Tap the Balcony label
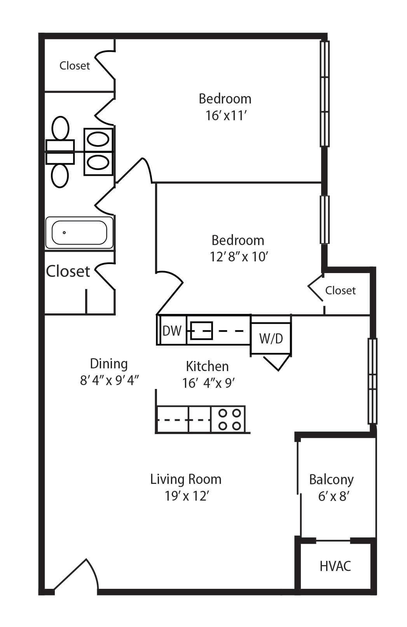(331, 480)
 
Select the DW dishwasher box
(172, 331)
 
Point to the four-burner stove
(228, 419)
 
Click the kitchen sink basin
(201, 331)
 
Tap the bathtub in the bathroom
(79, 233)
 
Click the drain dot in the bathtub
(65, 233)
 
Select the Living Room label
(186, 479)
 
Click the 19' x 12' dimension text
(187, 496)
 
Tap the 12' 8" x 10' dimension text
(239, 256)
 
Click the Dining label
(109, 364)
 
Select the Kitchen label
(207, 366)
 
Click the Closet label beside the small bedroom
(341, 291)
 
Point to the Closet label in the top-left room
(75, 66)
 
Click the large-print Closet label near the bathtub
(68, 271)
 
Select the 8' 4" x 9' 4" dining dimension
(109, 380)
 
